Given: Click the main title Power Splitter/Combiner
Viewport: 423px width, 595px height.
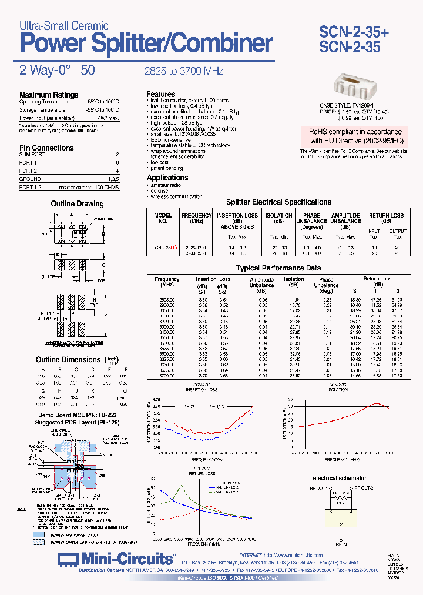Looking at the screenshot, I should coord(146,44).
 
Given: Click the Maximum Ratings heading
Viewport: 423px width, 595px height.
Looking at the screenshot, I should coord(49,95).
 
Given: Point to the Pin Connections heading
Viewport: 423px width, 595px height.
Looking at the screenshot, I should coord(46,148).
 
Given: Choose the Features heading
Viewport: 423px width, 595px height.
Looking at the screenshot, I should coord(161,94).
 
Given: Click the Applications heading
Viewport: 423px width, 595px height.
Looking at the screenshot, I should coord(167,178).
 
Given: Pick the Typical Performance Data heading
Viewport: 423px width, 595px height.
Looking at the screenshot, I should coord(278,268).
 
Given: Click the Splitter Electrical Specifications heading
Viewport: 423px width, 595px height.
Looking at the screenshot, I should coord(278,202).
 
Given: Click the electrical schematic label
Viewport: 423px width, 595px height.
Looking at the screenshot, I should coord(339,478).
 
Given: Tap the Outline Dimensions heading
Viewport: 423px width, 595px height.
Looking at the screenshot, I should coord(68,359).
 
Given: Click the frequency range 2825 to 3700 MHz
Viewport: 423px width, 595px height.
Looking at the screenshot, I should coord(184,71).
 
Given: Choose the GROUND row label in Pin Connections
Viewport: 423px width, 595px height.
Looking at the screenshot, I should coord(30,179).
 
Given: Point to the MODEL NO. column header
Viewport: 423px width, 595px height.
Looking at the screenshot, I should coord(163,219).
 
